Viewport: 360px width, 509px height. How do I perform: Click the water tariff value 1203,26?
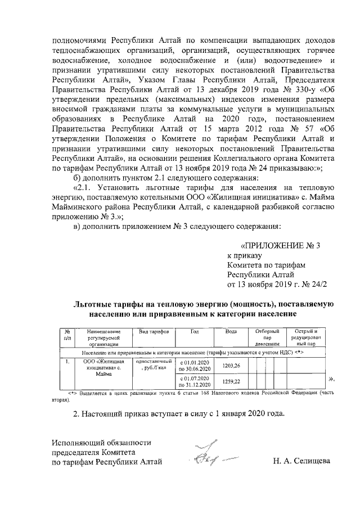point(231,366)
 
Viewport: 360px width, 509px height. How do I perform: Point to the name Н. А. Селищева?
point(301,462)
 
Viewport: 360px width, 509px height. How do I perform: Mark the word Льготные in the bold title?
point(93,303)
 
